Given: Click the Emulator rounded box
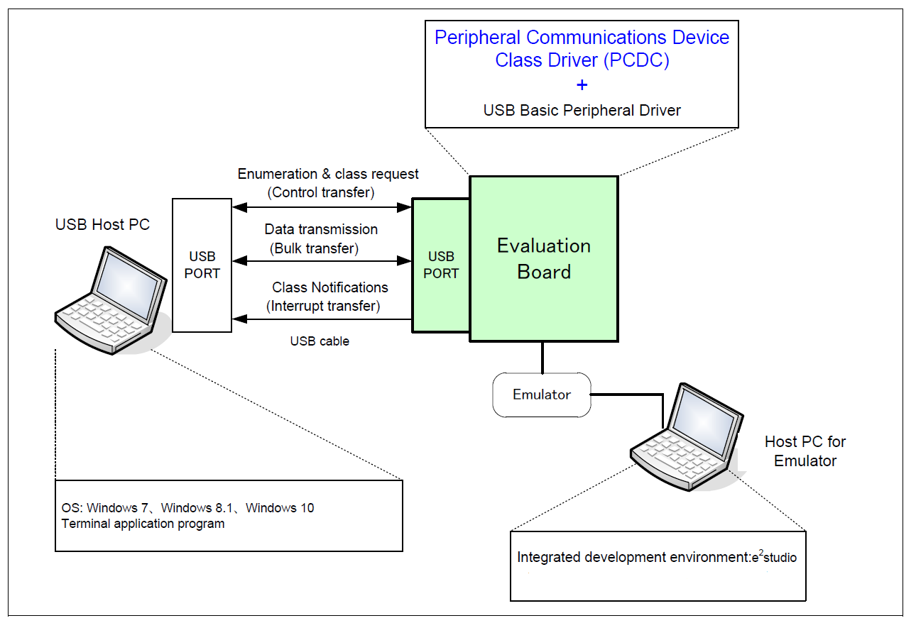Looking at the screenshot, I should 542,395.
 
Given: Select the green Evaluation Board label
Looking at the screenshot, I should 544,259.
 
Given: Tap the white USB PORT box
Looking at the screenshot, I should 202,265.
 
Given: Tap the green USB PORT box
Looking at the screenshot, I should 441,265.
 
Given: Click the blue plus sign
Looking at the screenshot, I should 582,85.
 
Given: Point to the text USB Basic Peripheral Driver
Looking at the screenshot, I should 582,111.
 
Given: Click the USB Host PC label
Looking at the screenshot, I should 103,225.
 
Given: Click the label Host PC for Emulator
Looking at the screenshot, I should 805,451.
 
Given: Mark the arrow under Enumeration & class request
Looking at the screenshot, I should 322,207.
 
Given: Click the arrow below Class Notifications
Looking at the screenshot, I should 322,319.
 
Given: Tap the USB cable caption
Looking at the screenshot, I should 320,341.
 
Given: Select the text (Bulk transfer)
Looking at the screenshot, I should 314,248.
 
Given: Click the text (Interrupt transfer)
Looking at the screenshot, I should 324,306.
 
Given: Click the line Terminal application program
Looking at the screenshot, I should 143,524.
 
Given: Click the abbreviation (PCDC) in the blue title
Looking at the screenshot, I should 636,60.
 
